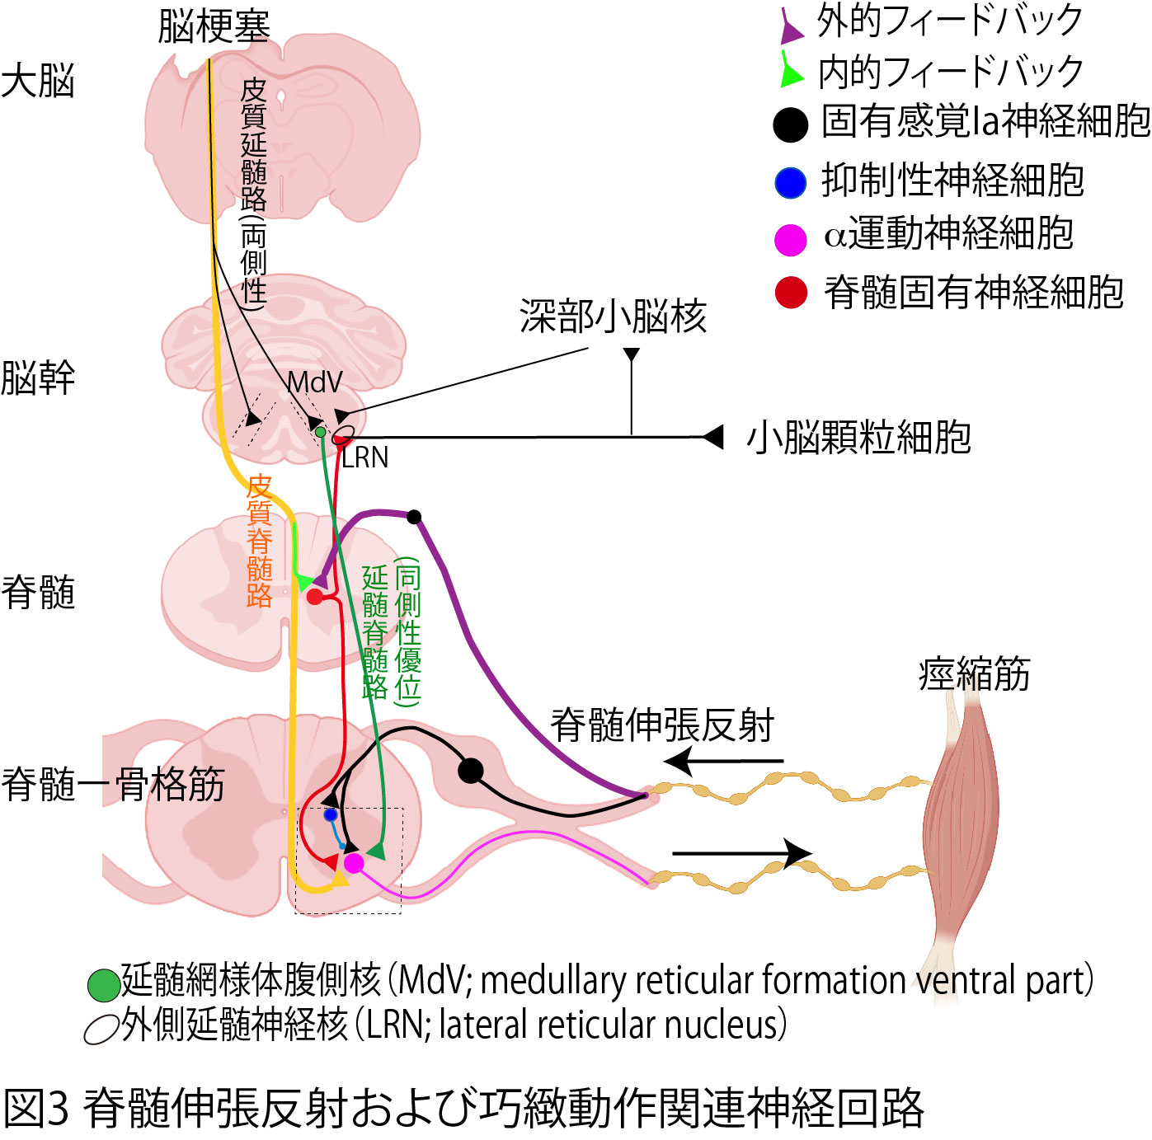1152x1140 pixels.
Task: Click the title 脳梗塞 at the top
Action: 214,26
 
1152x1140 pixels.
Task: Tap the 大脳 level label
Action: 38,82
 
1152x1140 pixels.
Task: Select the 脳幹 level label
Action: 38,378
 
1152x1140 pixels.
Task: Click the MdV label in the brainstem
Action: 314,382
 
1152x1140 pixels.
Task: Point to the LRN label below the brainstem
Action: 364,457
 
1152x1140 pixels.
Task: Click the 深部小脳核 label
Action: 613,317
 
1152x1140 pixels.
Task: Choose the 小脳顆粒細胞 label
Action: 858,438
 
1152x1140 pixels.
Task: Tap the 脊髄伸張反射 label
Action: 662,725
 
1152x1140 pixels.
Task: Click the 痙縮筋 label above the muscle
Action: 974,673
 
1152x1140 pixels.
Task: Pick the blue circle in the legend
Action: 790,182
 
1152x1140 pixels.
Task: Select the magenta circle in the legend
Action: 790,240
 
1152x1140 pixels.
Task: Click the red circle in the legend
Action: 791,293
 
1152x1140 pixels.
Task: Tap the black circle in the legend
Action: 790,125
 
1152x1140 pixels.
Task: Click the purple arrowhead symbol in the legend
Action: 791,28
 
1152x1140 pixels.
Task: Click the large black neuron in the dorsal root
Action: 470,771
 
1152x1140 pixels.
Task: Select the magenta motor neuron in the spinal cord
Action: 354,863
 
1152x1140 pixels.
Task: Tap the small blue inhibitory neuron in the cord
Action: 331,814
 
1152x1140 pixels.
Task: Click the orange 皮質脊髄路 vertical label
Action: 260,541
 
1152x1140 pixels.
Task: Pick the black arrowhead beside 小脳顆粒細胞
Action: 712,437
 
